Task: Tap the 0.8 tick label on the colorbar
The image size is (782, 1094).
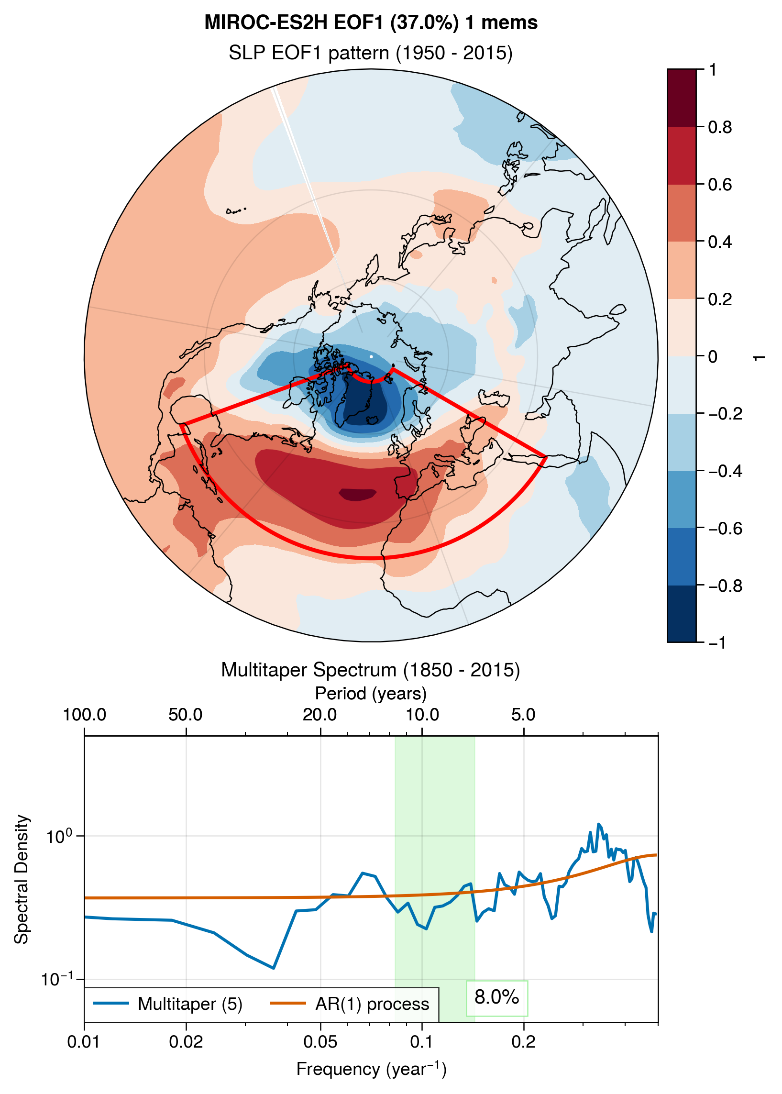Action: (720, 127)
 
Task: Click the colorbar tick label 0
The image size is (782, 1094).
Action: (713, 357)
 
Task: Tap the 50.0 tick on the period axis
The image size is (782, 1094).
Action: (186, 715)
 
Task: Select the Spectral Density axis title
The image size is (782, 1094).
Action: (22, 880)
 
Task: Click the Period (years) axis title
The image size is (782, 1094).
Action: (371, 694)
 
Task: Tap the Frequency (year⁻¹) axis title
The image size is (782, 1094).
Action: (371, 1069)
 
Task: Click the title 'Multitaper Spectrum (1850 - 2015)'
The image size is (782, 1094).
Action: (371, 670)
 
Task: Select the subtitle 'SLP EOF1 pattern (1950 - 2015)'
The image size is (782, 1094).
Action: (371, 53)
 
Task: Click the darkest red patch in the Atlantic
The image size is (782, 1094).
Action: (357, 494)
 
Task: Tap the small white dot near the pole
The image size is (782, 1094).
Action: (371, 357)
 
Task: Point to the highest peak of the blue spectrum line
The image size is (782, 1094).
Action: (598, 825)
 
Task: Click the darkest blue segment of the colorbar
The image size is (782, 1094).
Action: (682, 613)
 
